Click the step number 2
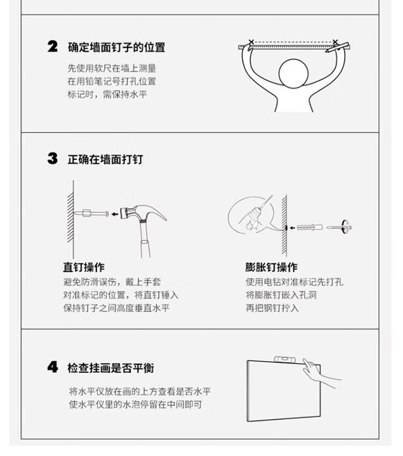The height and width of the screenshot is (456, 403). point(53,47)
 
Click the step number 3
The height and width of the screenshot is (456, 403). point(53,158)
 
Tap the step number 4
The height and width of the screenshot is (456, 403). point(53,367)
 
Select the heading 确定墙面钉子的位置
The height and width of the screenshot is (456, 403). point(117,47)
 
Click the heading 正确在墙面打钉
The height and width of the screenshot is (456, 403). point(105,159)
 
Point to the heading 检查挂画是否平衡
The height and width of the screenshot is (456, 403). point(111,368)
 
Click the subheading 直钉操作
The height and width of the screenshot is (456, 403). point(84,267)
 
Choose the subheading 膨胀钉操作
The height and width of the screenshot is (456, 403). point(271,267)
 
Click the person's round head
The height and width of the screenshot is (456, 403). point(293,73)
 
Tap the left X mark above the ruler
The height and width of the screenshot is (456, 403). point(251,42)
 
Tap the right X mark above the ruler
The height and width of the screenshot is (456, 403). point(335,42)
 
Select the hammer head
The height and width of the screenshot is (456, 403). point(143,213)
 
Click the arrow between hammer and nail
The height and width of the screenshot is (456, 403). point(115,215)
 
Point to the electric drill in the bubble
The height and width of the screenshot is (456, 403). point(256,215)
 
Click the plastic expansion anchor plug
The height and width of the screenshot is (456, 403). point(310,227)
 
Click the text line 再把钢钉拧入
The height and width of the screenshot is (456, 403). point(272,308)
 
